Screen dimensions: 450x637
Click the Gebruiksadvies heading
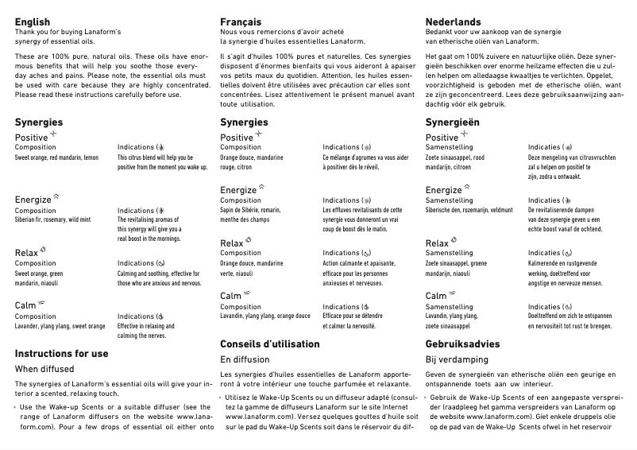coord(463,343)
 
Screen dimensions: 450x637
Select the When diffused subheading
coord(44,369)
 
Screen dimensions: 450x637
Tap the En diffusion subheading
coord(245,359)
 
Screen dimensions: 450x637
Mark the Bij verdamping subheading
coord(457,359)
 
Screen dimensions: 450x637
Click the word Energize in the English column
coord(33,199)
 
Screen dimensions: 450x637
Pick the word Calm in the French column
coord(230,296)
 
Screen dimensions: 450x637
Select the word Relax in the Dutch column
coord(437,243)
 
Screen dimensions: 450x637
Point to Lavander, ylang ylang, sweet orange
coord(60,326)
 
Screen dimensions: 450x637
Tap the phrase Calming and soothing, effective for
coord(161,273)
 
